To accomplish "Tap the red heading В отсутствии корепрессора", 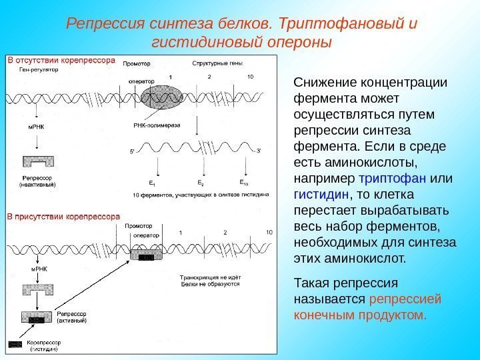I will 61,60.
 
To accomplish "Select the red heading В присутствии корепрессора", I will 63,216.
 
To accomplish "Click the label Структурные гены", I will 217,63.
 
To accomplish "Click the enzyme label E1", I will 153,182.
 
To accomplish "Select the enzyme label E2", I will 200,182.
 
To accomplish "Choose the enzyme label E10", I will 244,182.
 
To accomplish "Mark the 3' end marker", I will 259,151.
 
